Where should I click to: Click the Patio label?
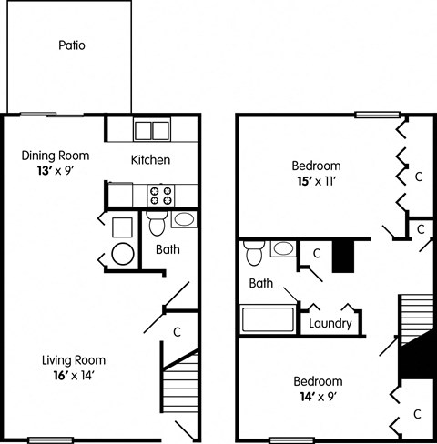tap(71, 45)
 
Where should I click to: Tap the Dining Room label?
tap(52, 155)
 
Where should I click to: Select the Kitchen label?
tap(151, 160)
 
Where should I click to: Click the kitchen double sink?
tap(152, 129)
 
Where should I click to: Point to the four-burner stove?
tap(160, 195)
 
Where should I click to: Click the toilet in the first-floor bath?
tap(155, 223)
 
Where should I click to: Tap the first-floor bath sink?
tap(182, 219)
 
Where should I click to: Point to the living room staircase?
tap(181, 387)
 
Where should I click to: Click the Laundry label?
tap(330, 323)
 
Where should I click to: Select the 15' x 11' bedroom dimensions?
tap(316, 181)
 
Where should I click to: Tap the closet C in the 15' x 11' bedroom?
tap(418, 176)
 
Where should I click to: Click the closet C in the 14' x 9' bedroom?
tap(417, 414)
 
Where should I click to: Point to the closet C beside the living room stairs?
tap(177, 331)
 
